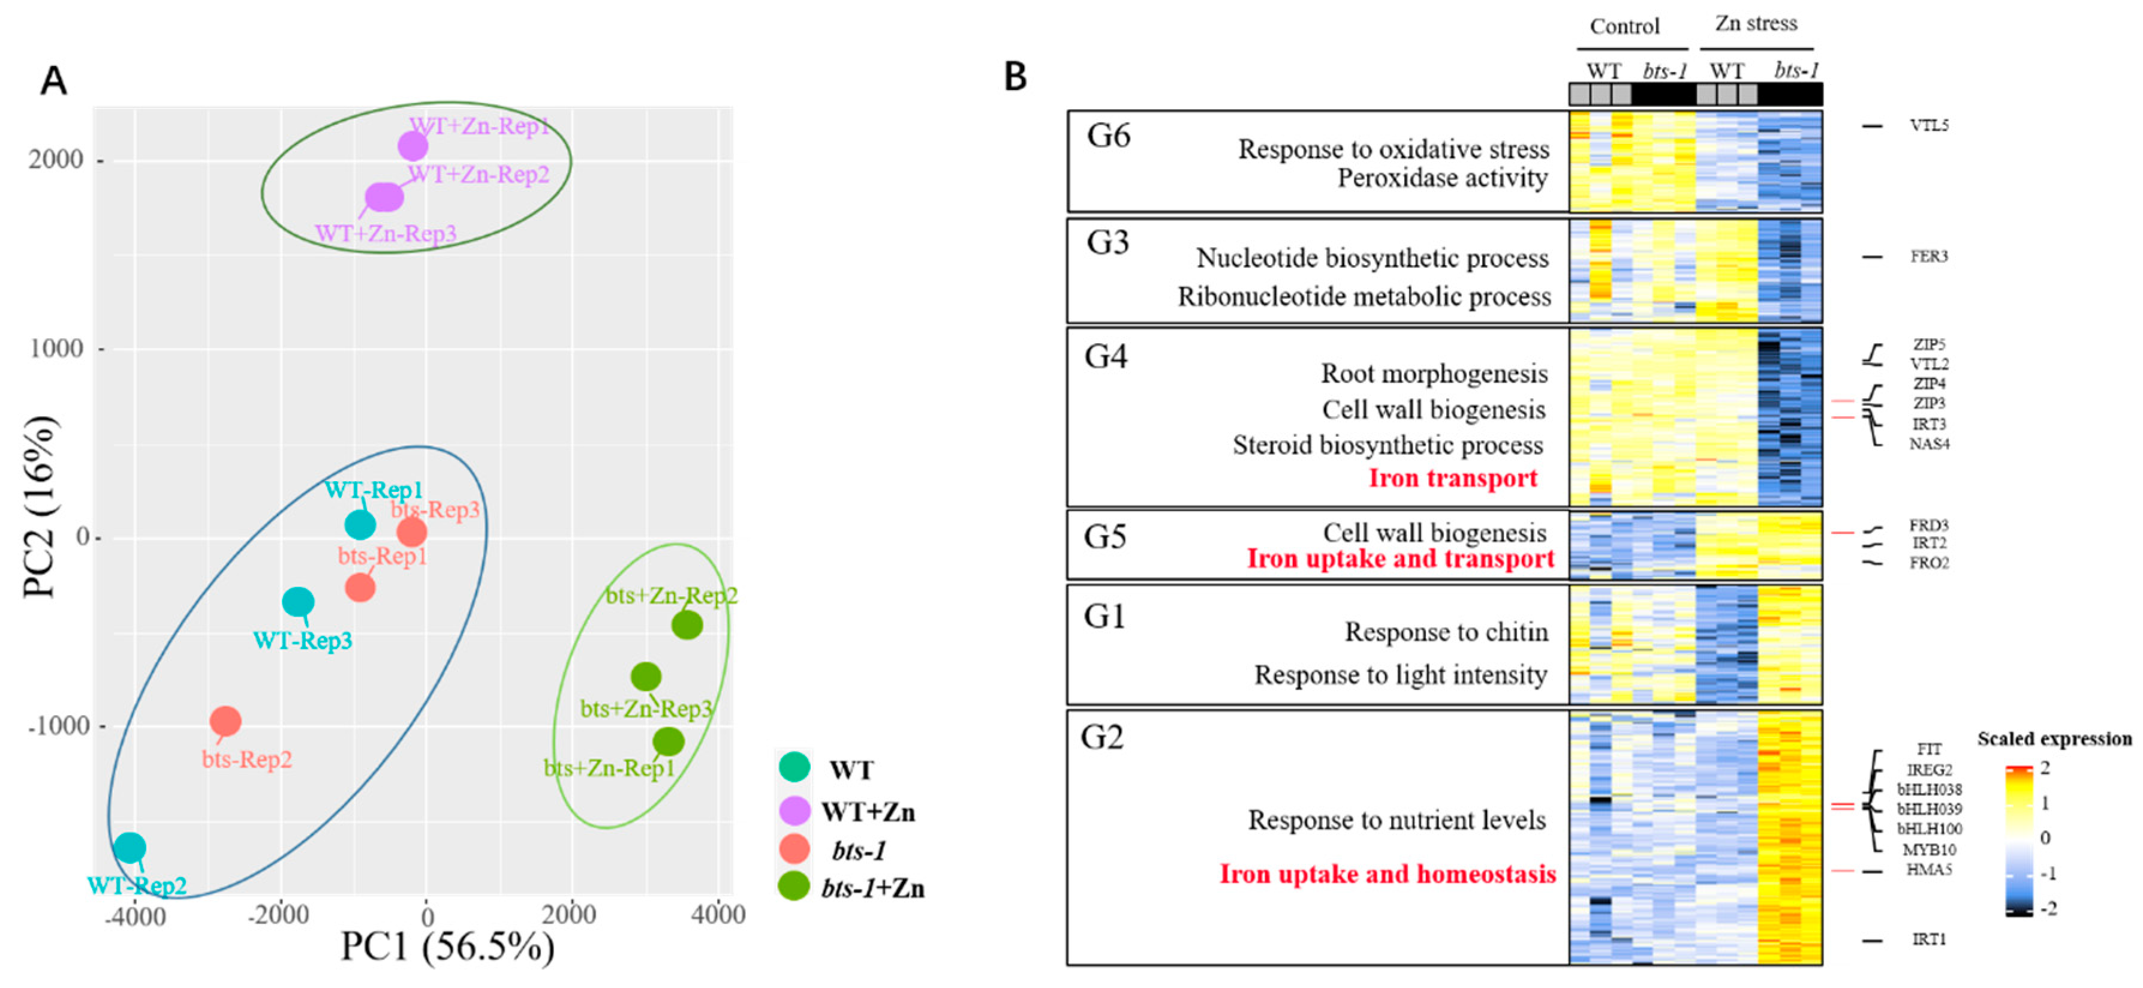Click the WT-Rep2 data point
click(130, 848)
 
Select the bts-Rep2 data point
click(225, 721)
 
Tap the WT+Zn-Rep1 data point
click(413, 146)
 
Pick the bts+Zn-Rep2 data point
click(687, 624)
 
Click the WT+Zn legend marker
click(794, 810)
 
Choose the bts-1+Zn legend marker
click(794, 887)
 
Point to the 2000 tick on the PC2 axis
click(56, 159)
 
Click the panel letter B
click(1015, 77)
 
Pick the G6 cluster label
click(1108, 136)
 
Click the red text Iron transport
click(1452, 479)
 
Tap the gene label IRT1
click(1928, 940)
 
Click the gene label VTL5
click(1928, 126)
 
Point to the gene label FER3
click(1928, 256)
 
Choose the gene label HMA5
click(1928, 870)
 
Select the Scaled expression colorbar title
click(2054, 739)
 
